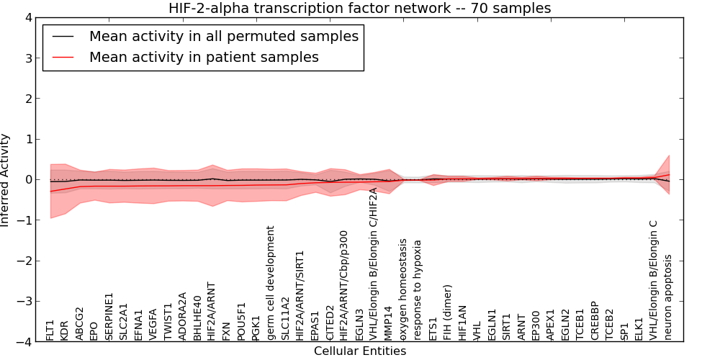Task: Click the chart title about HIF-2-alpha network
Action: (x=360, y=9)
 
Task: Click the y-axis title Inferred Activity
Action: (x=6, y=179)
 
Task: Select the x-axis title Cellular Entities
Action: (x=360, y=351)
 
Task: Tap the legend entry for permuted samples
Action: (x=223, y=36)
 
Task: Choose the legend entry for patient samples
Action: (x=204, y=57)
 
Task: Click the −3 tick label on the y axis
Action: (x=24, y=301)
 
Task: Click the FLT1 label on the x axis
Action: (x=50, y=330)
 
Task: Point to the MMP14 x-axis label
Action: (x=389, y=323)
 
